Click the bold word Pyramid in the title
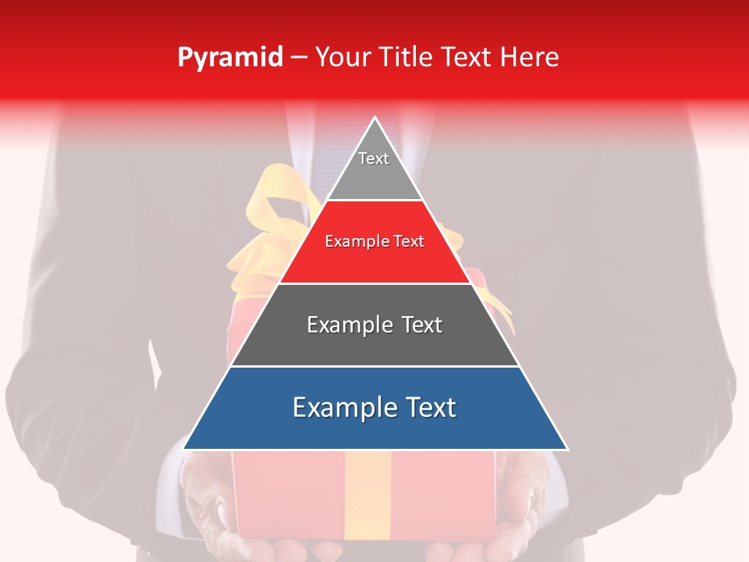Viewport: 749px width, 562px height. (x=230, y=58)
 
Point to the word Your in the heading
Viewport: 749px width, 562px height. (x=341, y=58)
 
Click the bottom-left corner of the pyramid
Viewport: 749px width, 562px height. (x=184, y=449)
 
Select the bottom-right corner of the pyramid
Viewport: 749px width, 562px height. (x=566, y=449)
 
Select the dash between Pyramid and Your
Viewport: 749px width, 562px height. (x=299, y=58)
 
